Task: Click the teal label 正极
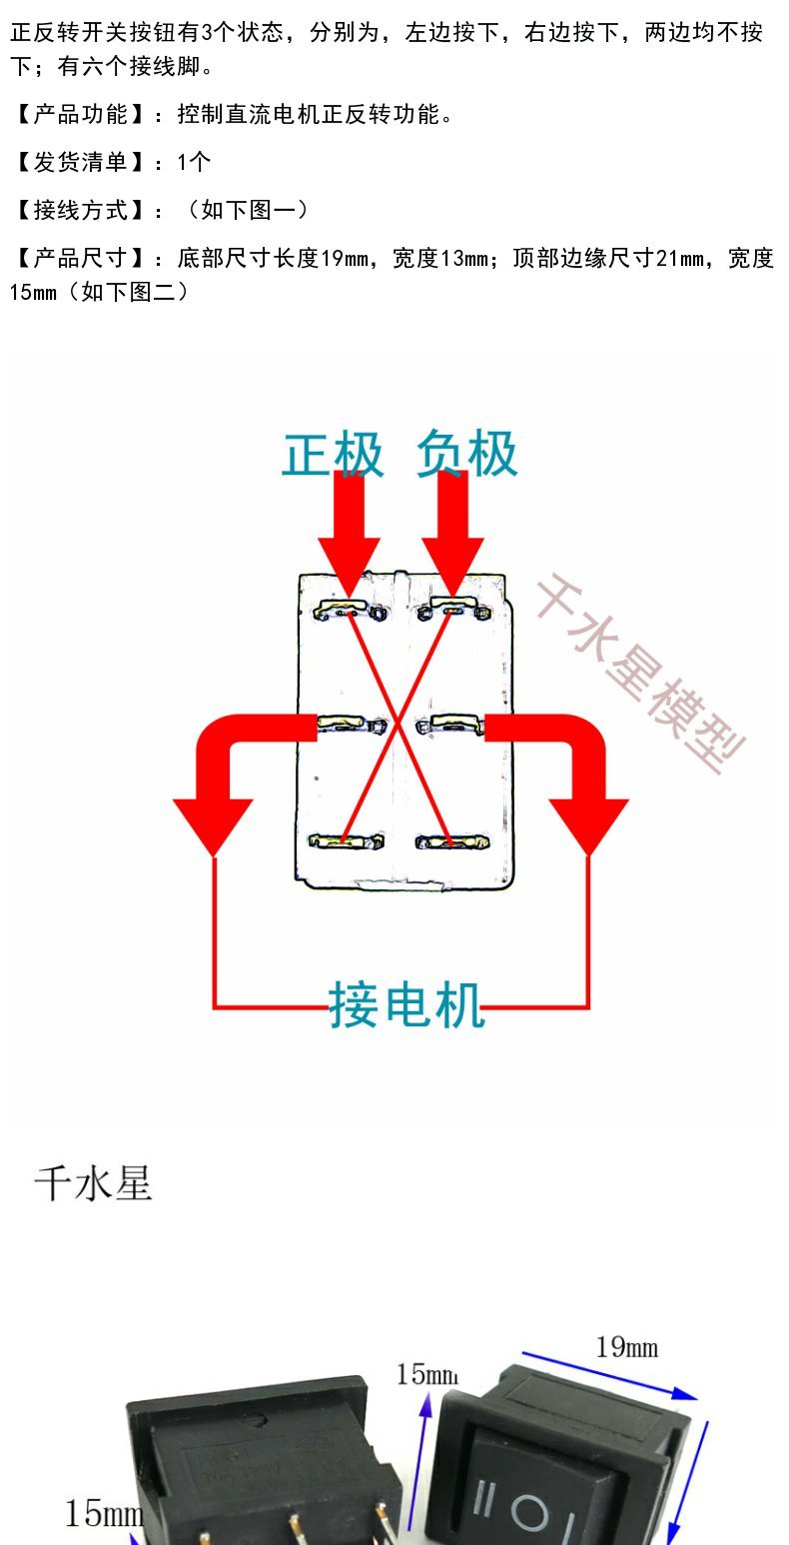(333, 455)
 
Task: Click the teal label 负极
(467, 455)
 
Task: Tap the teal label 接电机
(406, 1004)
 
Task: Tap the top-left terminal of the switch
(349, 611)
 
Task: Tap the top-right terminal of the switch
(455, 609)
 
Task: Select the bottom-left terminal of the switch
(347, 842)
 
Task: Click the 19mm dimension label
(627, 1347)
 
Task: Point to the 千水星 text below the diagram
(93, 1185)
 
